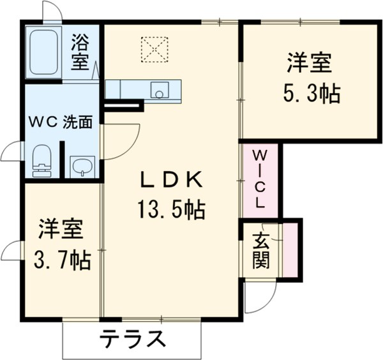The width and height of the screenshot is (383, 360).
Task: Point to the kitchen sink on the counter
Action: [158, 91]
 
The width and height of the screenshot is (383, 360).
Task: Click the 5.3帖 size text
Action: [311, 94]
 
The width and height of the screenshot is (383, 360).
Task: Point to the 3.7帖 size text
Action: [63, 260]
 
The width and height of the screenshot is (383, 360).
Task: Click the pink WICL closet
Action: [260, 180]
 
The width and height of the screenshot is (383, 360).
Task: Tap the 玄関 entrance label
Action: [260, 250]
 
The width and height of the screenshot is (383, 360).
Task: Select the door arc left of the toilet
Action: [11, 152]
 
